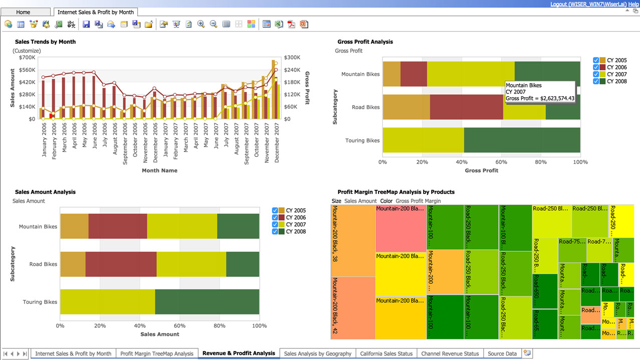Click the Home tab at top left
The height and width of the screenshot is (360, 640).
tap(23, 12)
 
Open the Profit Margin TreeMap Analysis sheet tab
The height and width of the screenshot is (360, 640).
tap(157, 353)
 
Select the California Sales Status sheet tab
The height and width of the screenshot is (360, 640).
tap(386, 353)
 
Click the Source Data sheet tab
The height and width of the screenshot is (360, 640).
tap(502, 353)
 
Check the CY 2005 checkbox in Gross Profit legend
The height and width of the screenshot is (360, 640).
tap(596, 60)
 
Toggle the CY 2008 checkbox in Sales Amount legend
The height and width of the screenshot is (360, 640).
tap(275, 231)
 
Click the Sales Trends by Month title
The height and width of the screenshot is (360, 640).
tap(46, 42)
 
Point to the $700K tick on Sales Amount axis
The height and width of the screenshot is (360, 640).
tap(27, 58)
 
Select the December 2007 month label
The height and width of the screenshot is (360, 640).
tap(277, 142)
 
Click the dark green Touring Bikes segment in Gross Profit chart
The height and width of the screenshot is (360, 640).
tap(522, 141)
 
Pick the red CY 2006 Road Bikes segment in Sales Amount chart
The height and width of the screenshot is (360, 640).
tap(121, 264)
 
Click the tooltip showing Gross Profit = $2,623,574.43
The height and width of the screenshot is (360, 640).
tap(540, 92)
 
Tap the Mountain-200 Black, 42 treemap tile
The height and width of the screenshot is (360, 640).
tap(353, 308)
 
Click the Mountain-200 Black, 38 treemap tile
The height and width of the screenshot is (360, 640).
tap(353, 240)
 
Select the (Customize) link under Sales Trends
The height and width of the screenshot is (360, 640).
tap(27, 51)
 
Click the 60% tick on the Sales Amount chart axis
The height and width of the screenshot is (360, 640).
tap(179, 326)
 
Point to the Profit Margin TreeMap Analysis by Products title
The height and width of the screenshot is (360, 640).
tap(396, 192)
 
